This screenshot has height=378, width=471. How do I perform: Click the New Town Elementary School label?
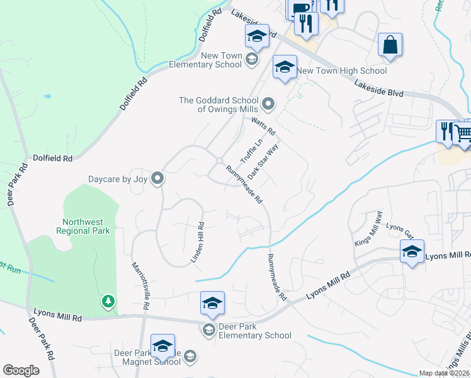205,60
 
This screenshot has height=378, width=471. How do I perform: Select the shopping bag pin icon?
390,46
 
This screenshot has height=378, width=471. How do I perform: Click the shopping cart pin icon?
464,132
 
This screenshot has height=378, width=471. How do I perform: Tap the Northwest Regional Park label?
86,226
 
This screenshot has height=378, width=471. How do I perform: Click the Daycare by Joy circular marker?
158,179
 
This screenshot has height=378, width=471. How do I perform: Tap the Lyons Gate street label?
399,231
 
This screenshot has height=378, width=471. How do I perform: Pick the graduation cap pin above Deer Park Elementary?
213,303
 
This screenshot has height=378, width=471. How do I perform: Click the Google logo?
21,370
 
